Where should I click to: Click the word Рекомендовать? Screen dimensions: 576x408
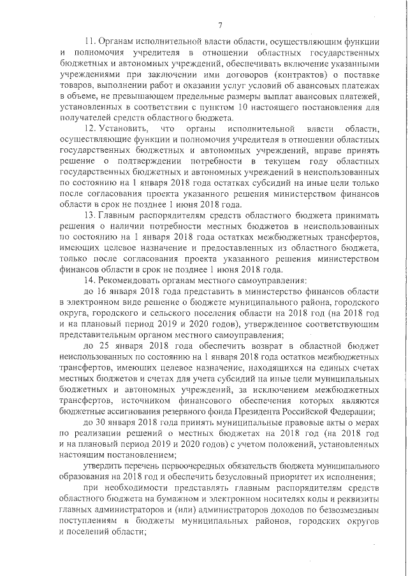click(x=137, y=281)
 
